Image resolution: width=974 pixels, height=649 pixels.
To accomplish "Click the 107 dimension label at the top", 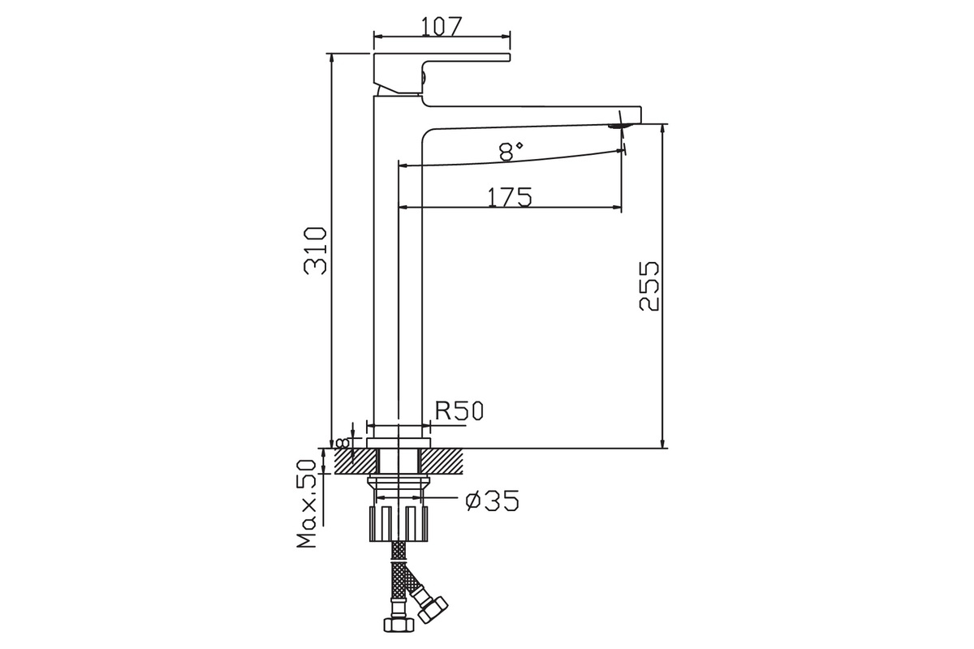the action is pos(441,26).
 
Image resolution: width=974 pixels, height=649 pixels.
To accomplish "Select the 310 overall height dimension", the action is pos(315,251).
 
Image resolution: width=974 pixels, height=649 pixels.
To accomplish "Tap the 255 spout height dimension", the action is pos(649,286).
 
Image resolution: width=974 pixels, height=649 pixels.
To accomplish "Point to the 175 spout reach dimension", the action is pos(509,197).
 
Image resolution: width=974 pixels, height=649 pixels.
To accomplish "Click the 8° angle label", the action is pos(511,152).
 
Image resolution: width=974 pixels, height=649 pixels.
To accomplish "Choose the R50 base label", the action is pos(459,410).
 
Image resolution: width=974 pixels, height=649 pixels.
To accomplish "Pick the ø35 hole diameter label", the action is pos(492,501).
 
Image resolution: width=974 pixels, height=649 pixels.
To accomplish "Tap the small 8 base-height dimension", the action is pos(343,444).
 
